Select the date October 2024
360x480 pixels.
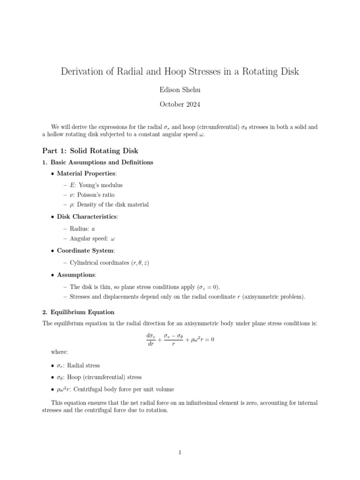point(180,104)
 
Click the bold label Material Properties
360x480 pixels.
point(83,173)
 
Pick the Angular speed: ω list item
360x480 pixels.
point(92,239)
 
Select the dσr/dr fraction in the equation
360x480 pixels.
point(150,340)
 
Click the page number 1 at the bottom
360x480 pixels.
point(180,452)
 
